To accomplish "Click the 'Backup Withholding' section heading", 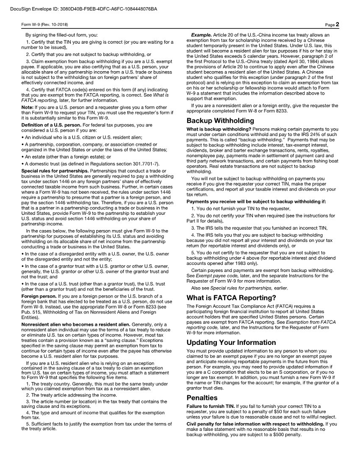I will coord(220,121).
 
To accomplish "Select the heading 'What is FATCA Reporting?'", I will coord(231,298).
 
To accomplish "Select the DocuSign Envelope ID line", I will coord(83,9).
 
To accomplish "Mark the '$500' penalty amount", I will coord(279,435).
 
